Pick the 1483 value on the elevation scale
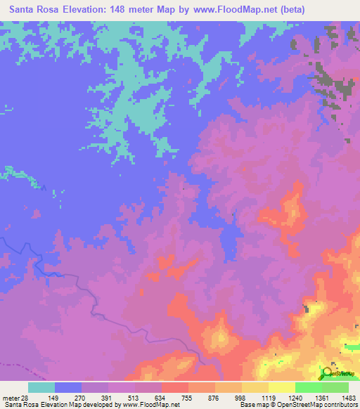(x=349, y=398)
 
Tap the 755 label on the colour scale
(x=188, y=398)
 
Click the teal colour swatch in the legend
(x=41, y=387)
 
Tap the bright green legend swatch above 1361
(x=308, y=387)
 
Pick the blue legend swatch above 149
(x=68, y=387)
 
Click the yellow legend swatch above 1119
(x=255, y=387)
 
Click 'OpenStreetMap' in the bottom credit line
(x=300, y=405)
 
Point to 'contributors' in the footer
(x=342, y=405)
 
